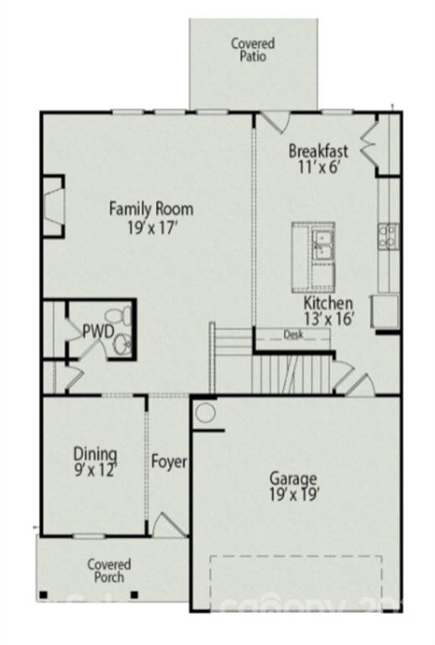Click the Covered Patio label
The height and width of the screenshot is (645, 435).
pos(253,50)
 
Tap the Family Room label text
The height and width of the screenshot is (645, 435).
pos(151,209)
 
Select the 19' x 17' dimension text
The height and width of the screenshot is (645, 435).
pos(151,228)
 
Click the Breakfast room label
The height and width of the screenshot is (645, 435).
pos(318,151)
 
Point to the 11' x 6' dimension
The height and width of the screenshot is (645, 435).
pos(318,168)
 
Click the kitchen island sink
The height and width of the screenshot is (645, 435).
pos(322,244)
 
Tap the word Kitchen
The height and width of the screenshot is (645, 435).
pos(328,303)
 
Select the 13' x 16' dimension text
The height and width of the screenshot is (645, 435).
pos(328,319)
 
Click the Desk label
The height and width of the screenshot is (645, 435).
pos(292,334)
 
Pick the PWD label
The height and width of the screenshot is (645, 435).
pos(97,332)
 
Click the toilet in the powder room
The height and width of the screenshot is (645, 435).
pos(125,316)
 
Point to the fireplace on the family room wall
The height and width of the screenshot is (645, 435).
pos(54,207)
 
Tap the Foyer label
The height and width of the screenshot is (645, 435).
pos(169,462)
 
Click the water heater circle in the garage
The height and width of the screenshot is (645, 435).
pos(204,412)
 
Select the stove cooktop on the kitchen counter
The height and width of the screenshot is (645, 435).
pos(388,236)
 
